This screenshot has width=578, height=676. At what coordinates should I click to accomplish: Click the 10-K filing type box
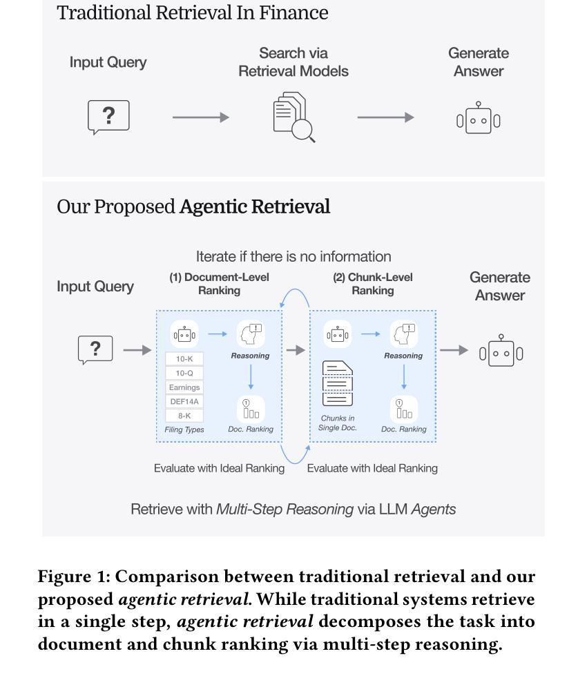pyautogui.click(x=184, y=359)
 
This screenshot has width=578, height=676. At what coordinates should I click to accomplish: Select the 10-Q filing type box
pyautogui.click(x=184, y=373)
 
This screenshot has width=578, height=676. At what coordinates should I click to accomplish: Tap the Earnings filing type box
pyautogui.click(x=184, y=387)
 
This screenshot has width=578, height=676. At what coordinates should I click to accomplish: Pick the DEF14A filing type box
pyautogui.click(x=184, y=401)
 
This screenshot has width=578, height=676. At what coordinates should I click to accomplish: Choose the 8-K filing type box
pyautogui.click(x=184, y=416)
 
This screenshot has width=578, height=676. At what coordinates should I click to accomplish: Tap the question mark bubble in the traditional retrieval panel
pyautogui.click(x=108, y=116)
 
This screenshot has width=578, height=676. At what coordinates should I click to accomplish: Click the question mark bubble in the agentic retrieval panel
pyautogui.click(x=95, y=349)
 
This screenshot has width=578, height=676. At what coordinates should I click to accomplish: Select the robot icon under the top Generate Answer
pyautogui.click(x=478, y=119)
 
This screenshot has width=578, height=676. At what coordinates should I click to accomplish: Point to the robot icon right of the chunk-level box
pyautogui.click(x=501, y=351)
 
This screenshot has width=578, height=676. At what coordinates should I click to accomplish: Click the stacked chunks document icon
pyautogui.click(x=337, y=384)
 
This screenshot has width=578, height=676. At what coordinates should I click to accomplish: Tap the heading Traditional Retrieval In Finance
pyautogui.click(x=193, y=12)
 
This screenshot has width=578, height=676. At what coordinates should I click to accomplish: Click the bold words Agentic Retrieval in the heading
pyautogui.click(x=254, y=206)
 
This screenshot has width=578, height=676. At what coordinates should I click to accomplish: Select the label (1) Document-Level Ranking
pyautogui.click(x=219, y=284)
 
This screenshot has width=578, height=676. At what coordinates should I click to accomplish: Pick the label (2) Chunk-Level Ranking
pyautogui.click(x=372, y=284)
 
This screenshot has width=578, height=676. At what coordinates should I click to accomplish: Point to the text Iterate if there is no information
pyautogui.click(x=293, y=257)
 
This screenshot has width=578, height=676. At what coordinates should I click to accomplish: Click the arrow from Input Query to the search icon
pyautogui.click(x=200, y=117)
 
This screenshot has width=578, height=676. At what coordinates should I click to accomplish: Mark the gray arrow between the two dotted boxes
pyautogui.click(x=296, y=350)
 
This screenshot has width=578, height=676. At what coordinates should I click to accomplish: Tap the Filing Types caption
pyautogui.click(x=184, y=429)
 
